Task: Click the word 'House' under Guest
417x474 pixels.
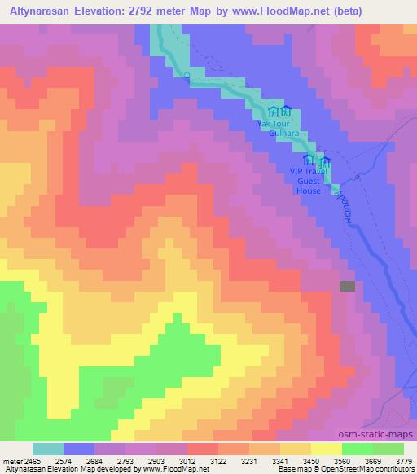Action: [309, 191]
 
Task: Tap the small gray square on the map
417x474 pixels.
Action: [348, 286]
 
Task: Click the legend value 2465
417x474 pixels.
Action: [33, 462]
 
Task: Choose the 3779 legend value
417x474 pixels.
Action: [402, 462]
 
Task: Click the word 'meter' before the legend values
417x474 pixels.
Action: [12, 462]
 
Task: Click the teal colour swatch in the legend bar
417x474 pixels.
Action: [47, 449]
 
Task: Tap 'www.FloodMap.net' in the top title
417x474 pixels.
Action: [277, 11]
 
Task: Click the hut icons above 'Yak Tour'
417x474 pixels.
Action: [280, 112]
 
